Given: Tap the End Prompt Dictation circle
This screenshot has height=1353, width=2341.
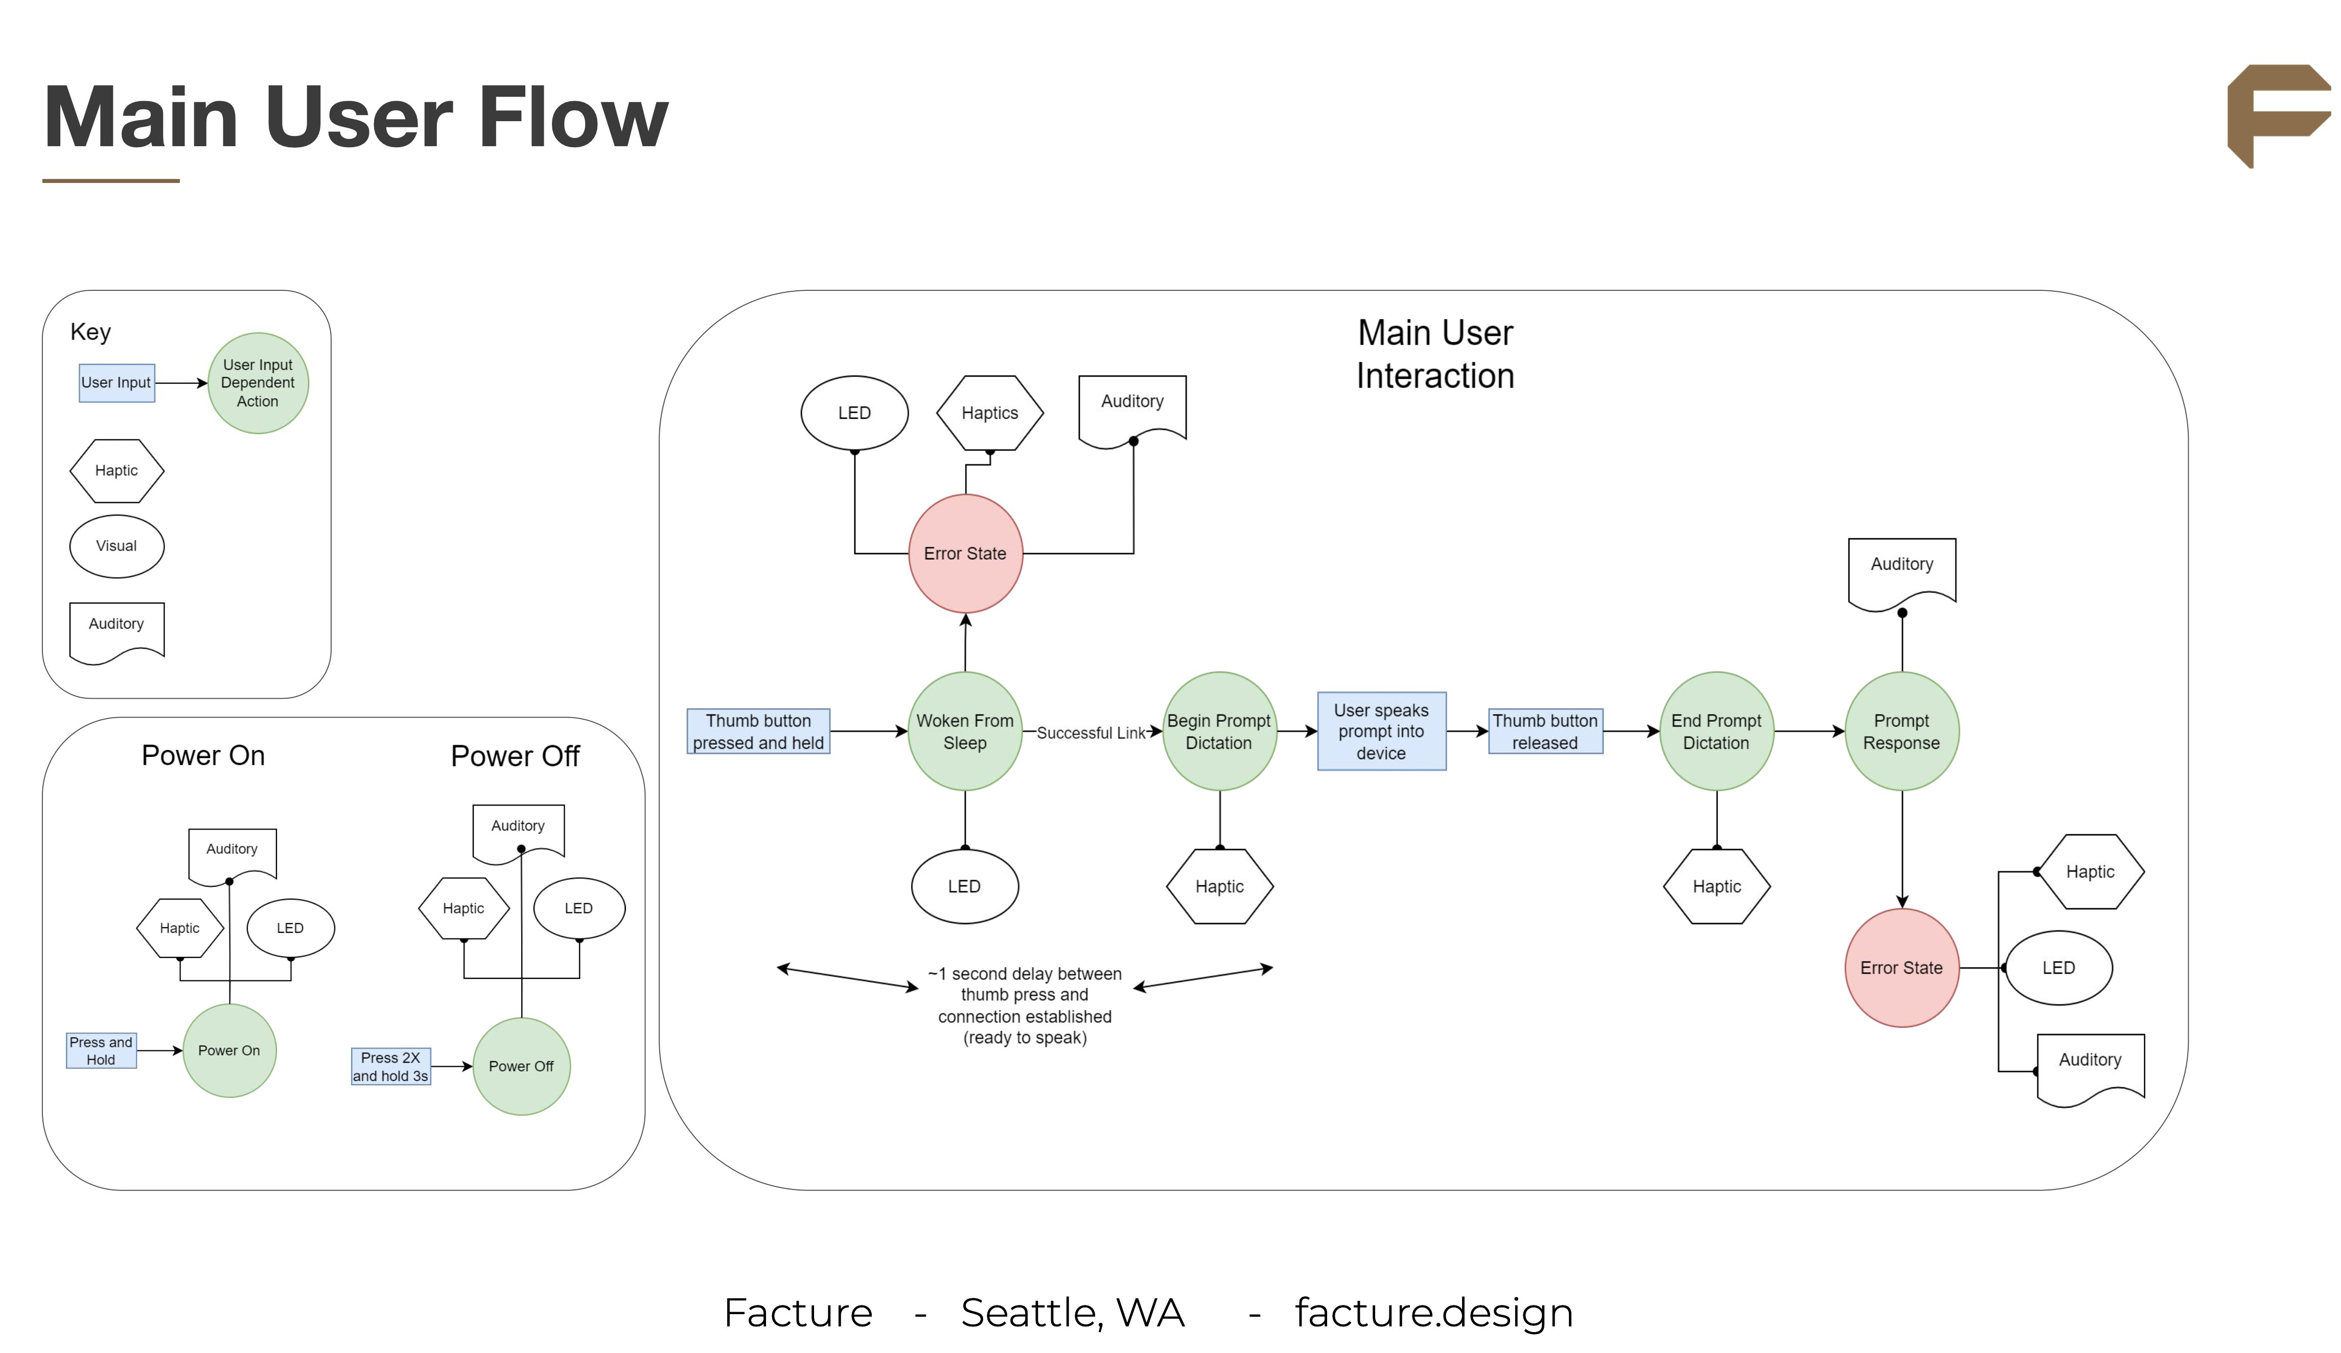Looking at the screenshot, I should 1716,731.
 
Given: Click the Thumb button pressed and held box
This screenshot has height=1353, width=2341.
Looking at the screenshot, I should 758,731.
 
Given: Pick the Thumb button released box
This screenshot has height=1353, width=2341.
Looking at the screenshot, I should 1545,731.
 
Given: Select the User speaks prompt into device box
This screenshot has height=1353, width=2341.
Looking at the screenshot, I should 1381,731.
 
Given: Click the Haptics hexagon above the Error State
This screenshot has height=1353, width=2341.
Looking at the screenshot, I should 989,412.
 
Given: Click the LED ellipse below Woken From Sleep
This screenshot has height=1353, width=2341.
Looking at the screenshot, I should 964,886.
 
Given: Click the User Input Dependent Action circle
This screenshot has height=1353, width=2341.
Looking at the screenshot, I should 258,383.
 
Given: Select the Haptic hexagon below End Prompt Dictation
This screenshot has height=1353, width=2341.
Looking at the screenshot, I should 1716,886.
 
